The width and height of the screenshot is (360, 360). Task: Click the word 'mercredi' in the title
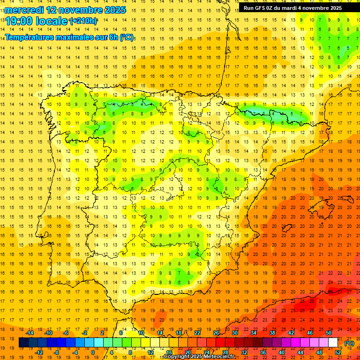[x=24, y=10]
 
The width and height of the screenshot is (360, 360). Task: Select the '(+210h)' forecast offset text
[x=83, y=21]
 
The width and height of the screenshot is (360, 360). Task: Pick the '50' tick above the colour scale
[x=329, y=333]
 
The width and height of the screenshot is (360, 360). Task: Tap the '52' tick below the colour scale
[x=338, y=352]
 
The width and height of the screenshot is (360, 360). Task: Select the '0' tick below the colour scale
[x=92, y=352]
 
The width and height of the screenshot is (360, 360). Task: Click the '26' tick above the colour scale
[x=216, y=333]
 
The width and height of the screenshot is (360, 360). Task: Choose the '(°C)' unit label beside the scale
[x=349, y=343]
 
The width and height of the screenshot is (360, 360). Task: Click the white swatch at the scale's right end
[x=333, y=343]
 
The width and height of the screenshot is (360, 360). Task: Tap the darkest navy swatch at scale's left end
[x=23, y=343]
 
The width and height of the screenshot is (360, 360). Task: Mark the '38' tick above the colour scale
[x=272, y=333]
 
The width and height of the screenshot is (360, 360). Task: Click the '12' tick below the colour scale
[x=150, y=352]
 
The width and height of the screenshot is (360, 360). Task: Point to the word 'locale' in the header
[x=52, y=21]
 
